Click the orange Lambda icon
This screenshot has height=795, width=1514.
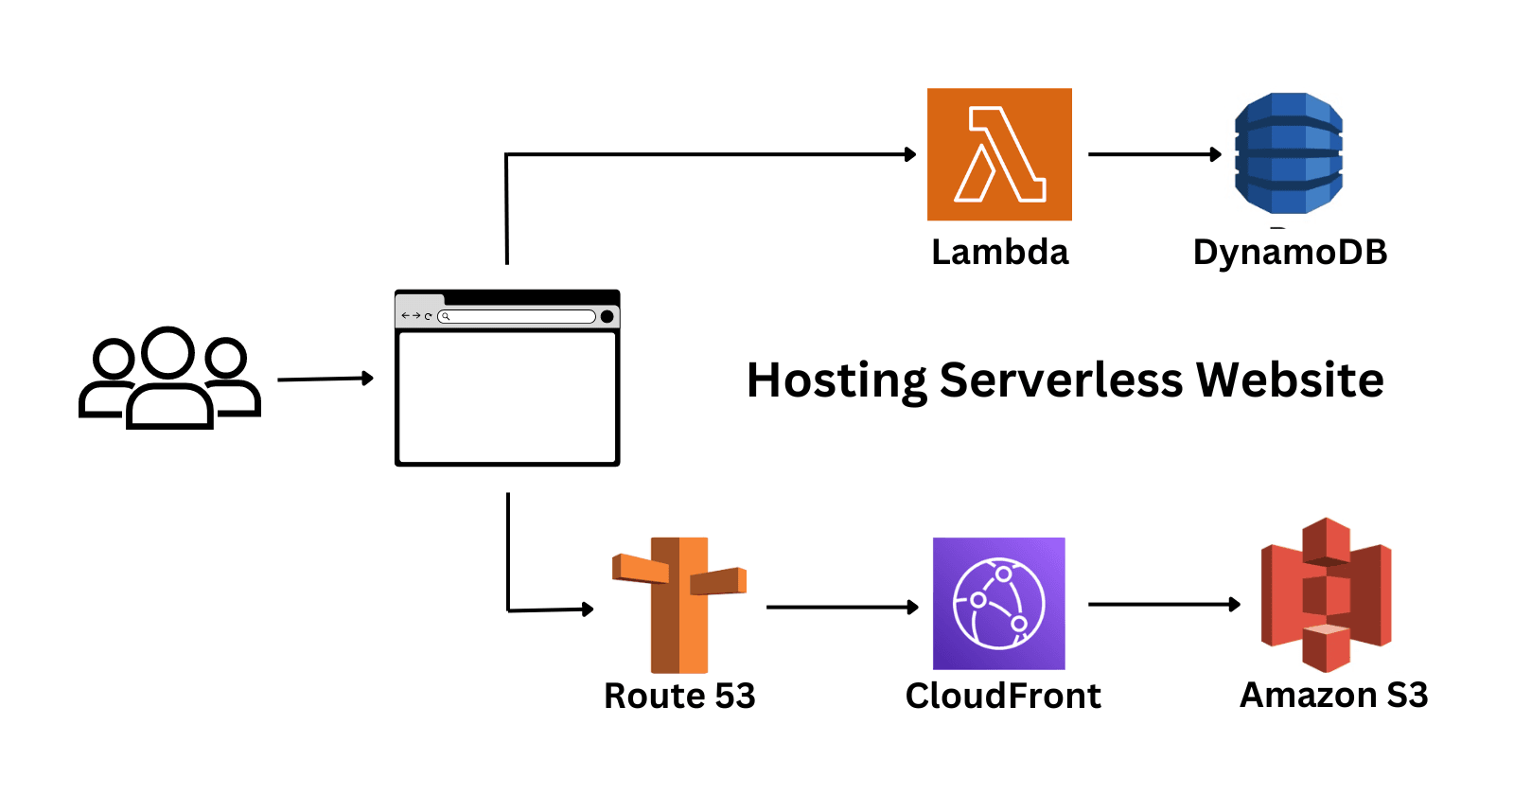click(999, 154)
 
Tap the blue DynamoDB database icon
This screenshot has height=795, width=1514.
click(1289, 153)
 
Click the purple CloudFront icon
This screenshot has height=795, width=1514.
click(999, 604)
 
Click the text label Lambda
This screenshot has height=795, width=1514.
click(999, 253)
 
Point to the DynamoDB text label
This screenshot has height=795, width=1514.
click(1289, 253)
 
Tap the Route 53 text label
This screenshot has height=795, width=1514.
click(679, 696)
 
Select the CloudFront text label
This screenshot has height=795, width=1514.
click(1003, 696)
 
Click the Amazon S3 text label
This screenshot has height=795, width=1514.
click(1333, 695)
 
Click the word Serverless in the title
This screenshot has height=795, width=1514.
click(1061, 380)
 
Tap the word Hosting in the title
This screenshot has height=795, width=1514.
click(836, 381)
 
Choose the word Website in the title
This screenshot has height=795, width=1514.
click(1290, 380)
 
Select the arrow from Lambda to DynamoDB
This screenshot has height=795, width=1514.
click(1154, 154)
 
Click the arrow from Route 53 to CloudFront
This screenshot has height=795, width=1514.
click(842, 607)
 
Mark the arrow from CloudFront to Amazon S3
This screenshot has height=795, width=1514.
click(1164, 604)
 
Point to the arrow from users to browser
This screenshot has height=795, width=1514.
click(326, 379)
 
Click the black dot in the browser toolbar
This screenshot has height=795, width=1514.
click(607, 316)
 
